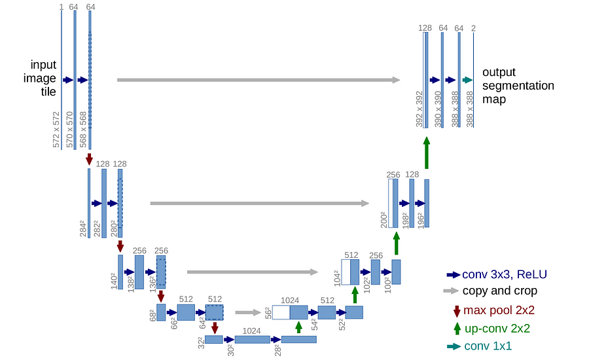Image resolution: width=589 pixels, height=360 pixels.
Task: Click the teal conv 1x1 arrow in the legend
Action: (454, 346)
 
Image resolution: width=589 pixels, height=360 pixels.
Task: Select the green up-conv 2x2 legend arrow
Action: (457, 329)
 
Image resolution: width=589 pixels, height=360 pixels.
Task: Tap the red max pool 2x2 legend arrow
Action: (457, 311)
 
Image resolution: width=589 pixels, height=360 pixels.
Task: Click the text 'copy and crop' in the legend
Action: (500, 291)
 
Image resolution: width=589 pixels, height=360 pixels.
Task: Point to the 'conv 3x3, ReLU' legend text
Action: (505, 274)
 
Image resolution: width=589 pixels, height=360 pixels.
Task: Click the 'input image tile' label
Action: (40, 78)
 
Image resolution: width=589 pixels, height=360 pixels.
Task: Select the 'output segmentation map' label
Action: (518, 85)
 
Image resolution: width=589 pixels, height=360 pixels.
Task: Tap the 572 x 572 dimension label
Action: (56, 129)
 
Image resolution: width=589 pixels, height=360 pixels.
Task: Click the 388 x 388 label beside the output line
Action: (469, 109)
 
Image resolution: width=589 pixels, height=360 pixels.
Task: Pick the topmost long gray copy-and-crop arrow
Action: (259, 80)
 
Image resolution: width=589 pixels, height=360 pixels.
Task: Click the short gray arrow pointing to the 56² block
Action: (248, 312)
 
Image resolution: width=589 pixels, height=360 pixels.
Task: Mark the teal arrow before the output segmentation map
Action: (468, 80)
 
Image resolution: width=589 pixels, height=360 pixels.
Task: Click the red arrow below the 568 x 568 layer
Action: (89, 159)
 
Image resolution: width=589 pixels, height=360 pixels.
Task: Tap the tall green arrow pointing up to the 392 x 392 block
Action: (426, 153)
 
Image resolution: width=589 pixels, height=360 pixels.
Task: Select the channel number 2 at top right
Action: (473, 28)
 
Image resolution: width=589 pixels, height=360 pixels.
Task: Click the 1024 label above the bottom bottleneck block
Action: (252, 331)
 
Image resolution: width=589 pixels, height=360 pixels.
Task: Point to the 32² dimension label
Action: (202, 343)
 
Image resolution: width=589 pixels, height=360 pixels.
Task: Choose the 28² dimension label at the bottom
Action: (277, 350)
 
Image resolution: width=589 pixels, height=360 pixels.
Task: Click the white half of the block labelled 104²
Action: (346, 272)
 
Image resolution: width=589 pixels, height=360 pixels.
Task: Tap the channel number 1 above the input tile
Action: (62, 7)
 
